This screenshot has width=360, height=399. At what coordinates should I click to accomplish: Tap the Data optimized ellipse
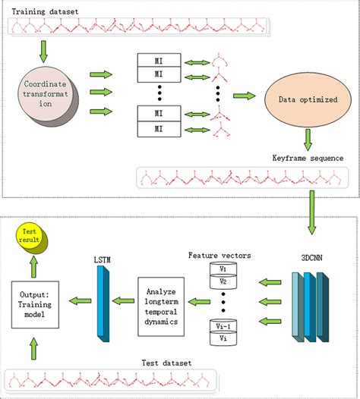tap(307, 99)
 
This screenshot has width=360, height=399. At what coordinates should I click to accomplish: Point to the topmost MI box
tap(159, 59)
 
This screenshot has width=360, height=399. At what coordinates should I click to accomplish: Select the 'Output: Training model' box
tap(36, 302)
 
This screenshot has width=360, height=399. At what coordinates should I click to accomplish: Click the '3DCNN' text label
tap(311, 258)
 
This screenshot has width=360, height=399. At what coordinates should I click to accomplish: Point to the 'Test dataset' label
tap(169, 362)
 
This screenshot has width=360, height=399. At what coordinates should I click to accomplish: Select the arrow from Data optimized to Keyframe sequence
tap(308, 139)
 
